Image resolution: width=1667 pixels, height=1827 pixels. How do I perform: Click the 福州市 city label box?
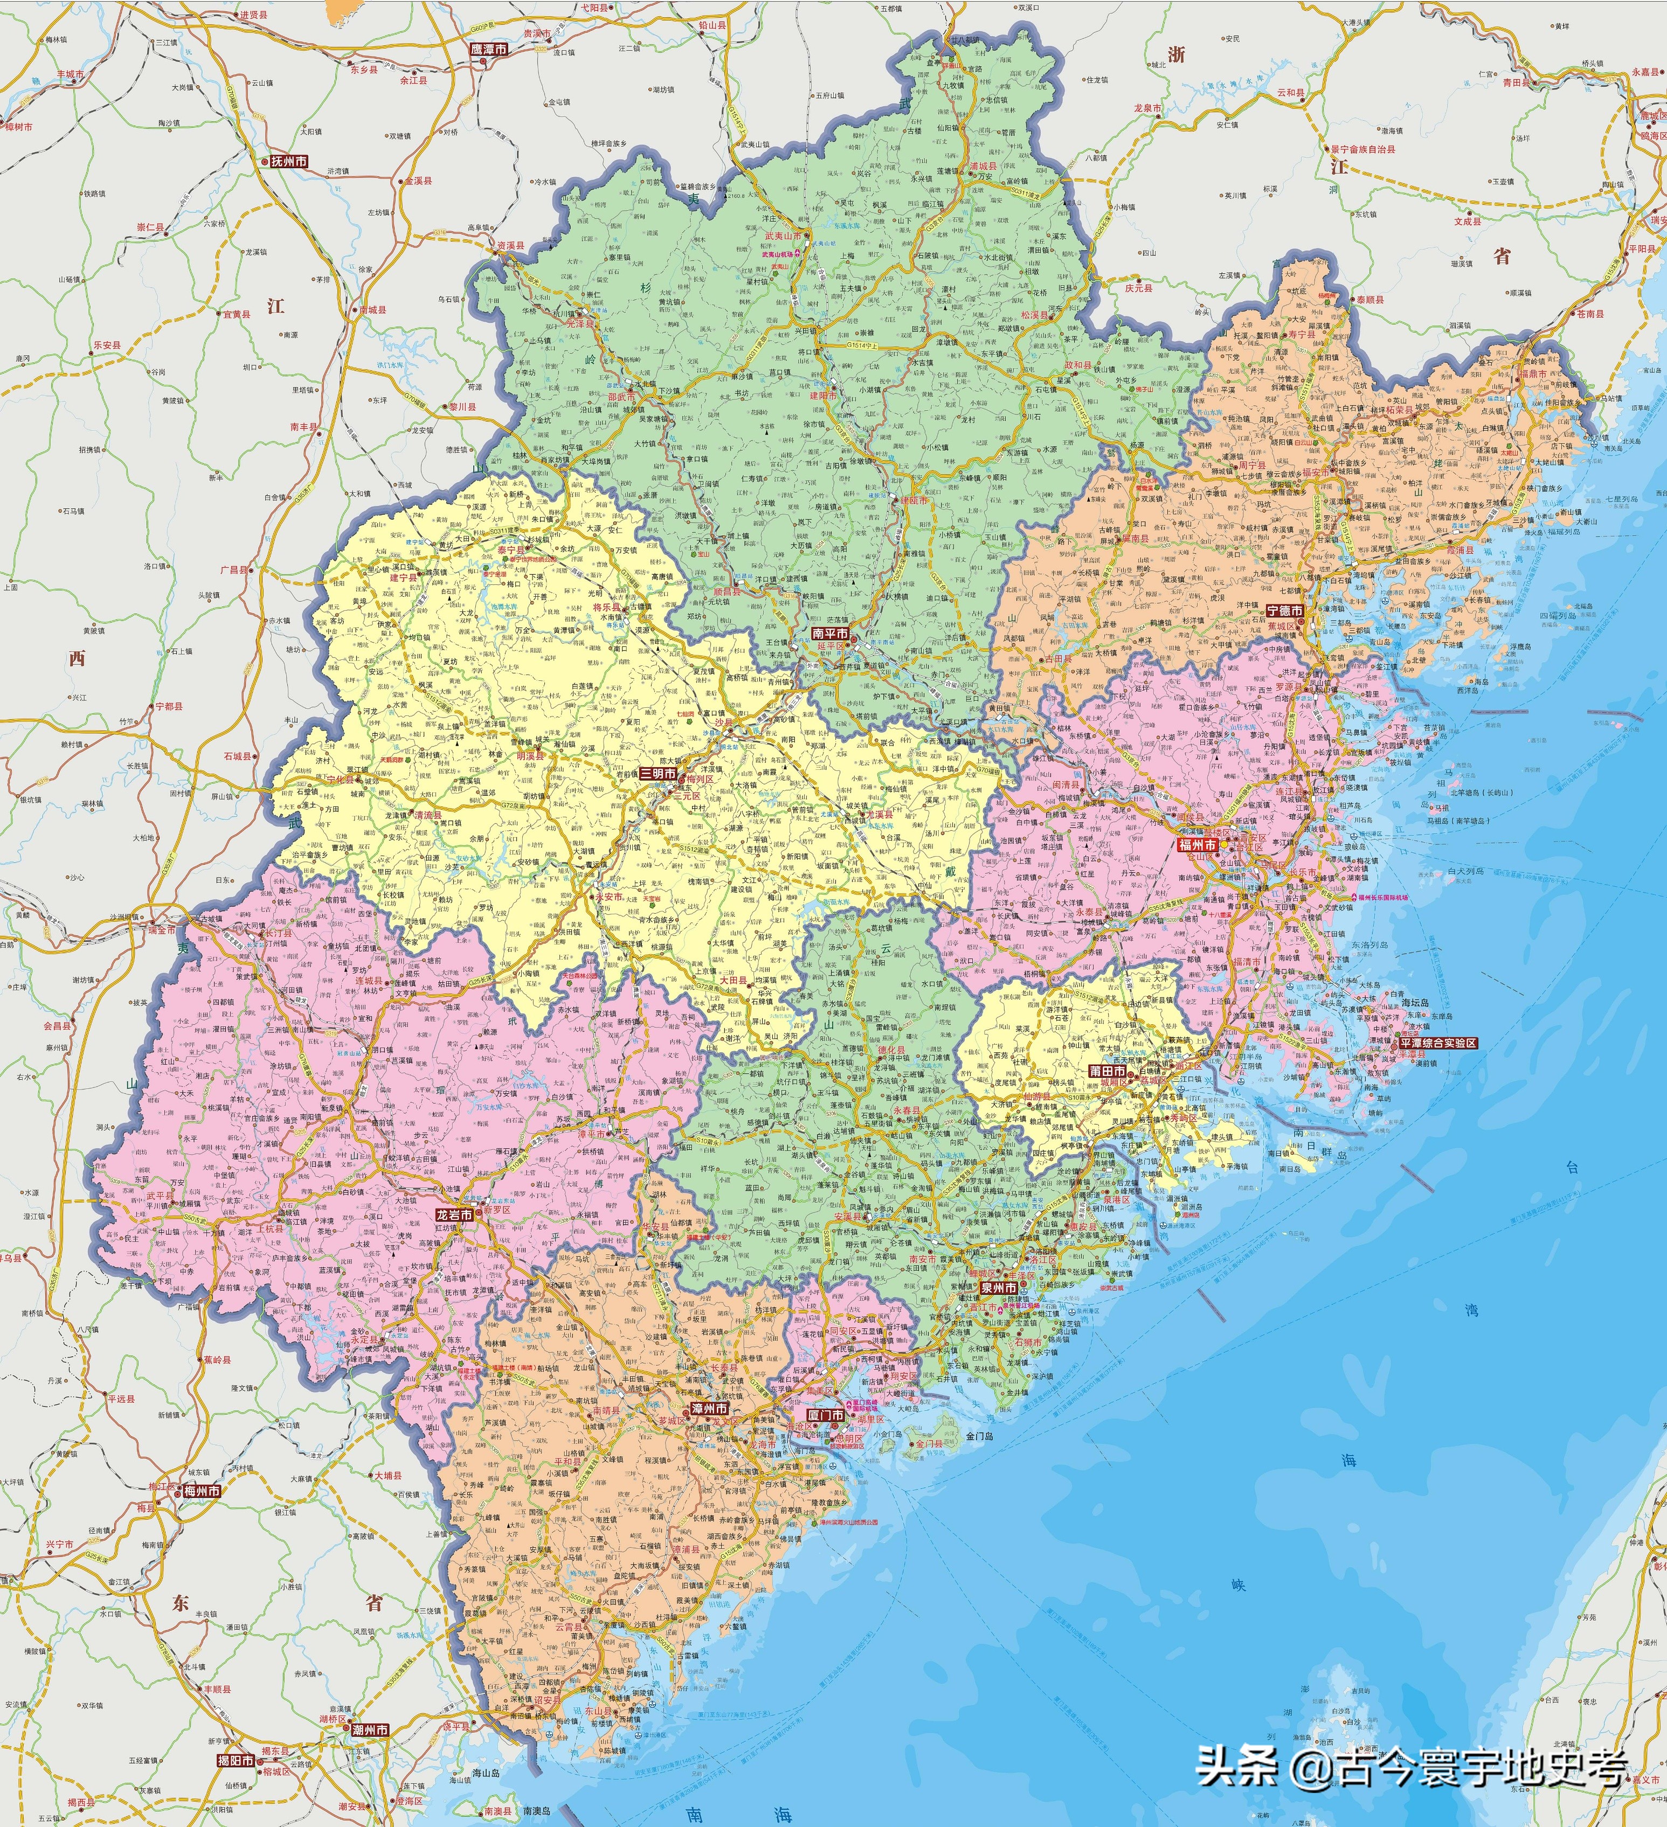(1197, 845)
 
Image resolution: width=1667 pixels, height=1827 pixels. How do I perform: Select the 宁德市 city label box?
(1284, 611)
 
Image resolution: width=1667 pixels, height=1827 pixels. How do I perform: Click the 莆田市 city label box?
(1107, 1070)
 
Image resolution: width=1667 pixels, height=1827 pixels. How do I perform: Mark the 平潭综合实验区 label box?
(1438, 1043)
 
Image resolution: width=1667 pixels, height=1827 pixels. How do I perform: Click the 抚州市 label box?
(289, 161)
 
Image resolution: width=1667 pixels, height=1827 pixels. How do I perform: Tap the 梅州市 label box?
(201, 1491)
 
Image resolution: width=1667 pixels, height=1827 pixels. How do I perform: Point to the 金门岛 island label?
(980, 1436)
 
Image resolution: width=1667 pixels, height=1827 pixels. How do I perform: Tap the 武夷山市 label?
(783, 236)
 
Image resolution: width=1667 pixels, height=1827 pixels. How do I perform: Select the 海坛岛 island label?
(1414, 1002)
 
